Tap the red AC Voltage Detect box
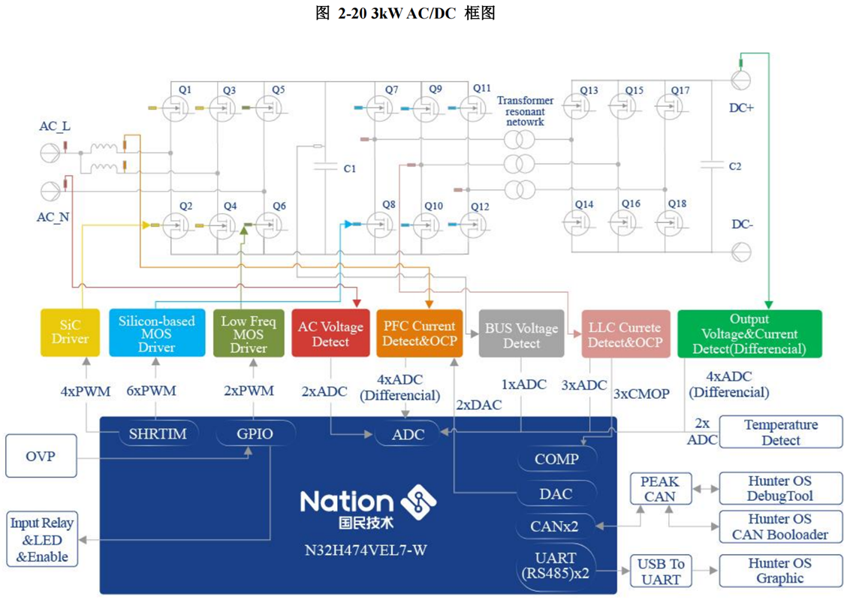pos(330,333)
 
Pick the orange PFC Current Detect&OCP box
pos(419,333)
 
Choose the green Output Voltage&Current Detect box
pos(749,333)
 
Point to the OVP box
pos(41,456)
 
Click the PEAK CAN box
pos(659,488)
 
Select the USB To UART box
pos(661,571)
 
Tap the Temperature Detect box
pos(781,433)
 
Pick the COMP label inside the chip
pos(556,458)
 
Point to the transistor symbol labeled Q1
pos(176,110)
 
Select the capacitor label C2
pos(734,166)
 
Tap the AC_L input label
pos(55,126)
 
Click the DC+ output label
pos(741,107)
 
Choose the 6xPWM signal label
pos(156,390)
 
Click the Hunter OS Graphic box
pos(779,571)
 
